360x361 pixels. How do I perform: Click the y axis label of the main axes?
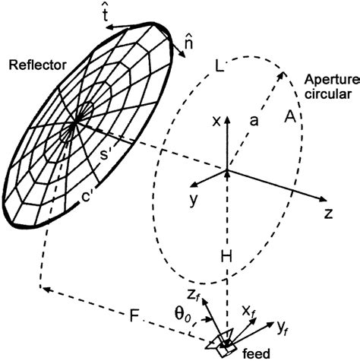[x=195, y=200]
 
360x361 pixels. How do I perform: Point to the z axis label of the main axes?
[x=327, y=214]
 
